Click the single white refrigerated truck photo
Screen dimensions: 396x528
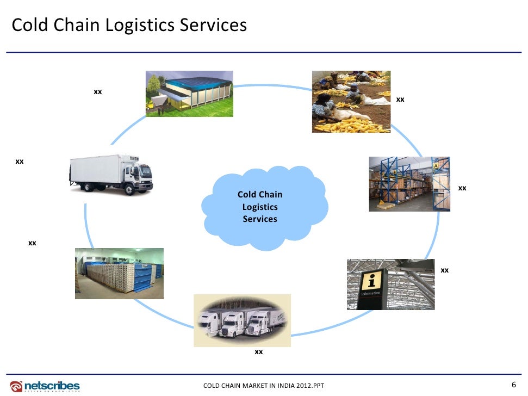coord(111,175)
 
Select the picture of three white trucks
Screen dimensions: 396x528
coord(242,321)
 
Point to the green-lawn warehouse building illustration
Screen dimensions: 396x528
coord(189,94)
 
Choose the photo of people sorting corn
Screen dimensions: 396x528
coord(351,102)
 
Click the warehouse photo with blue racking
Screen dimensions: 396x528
coord(409,184)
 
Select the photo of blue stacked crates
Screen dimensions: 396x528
coord(119,273)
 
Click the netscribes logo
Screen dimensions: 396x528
coord(45,386)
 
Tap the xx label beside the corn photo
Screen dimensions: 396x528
coord(400,100)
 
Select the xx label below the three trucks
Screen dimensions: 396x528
coord(259,352)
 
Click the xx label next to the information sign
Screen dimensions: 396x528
coord(444,270)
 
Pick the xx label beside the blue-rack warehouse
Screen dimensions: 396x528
coord(462,188)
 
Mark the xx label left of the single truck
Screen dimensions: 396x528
coord(20,162)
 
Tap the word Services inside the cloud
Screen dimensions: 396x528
coord(260,219)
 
